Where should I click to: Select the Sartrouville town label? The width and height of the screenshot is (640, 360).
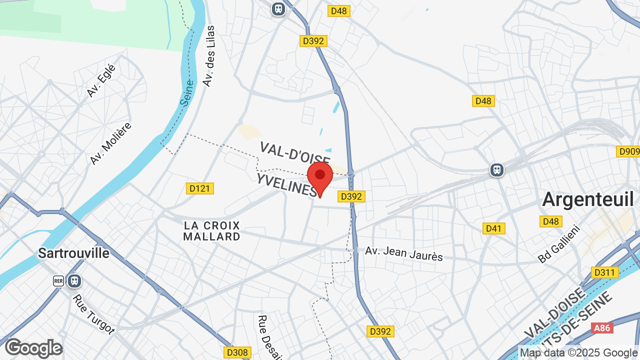coord(73,253)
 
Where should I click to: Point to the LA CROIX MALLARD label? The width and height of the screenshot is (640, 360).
coord(211,231)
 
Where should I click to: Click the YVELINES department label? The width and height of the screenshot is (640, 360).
coord(286,184)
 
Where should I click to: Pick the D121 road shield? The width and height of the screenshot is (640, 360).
coord(200,188)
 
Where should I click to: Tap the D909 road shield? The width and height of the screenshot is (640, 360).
coord(628,151)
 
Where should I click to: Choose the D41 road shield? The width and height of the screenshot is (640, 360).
coord(494,228)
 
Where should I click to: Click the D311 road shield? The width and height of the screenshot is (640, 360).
coord(604,272)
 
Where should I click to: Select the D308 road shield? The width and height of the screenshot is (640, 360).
coord(236,352)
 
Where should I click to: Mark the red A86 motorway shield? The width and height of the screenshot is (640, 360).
coord(601,328)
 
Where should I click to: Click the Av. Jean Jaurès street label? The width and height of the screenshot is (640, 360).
coord(404,253)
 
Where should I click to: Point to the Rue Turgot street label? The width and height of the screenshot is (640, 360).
coord(93,314)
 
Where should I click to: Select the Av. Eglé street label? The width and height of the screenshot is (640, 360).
coord(101,80)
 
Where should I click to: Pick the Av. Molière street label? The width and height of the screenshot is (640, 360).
coord(110,143)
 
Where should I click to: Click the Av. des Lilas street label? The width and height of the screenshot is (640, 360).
coord(209,56)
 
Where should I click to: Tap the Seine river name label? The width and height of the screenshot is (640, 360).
coord(187,92)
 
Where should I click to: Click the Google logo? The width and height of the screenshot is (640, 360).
coord(33,348)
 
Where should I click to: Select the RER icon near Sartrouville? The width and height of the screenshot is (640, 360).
coord(58,281)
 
